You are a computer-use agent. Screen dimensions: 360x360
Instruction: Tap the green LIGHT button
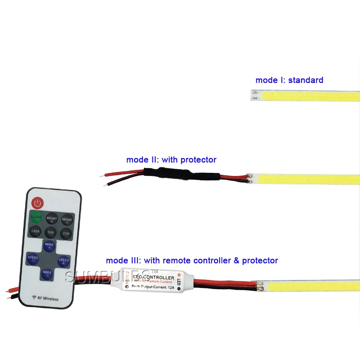pos(37,218)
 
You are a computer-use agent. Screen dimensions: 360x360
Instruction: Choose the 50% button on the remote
pos(50,232)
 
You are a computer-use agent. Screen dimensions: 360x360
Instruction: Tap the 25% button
pos(65,233)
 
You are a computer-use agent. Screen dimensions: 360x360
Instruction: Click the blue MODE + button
pos(49,246)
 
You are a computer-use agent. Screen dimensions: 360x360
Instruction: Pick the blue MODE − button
pos(47,274)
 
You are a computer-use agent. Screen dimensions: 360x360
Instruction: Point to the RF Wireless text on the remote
pos(45,299)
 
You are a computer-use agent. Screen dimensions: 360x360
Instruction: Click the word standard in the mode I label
pos(306,80)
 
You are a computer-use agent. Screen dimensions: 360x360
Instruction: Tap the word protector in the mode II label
pos(198,160)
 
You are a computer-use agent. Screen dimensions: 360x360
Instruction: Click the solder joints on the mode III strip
pos(260,286)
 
